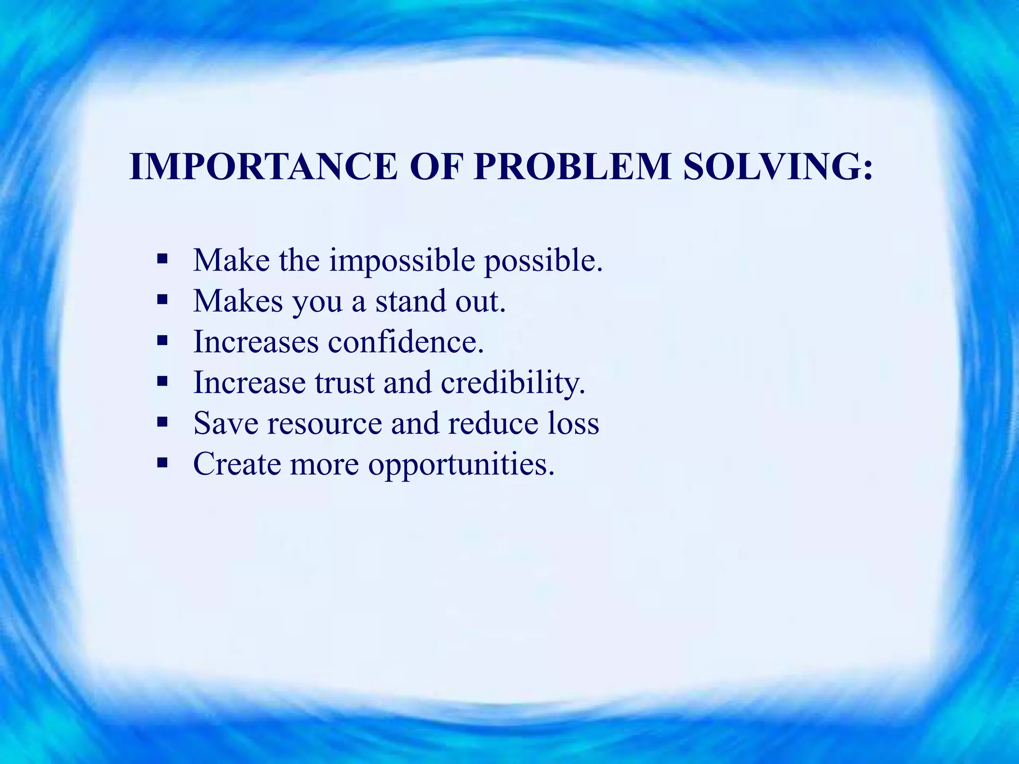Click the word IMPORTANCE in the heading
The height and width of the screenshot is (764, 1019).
pos(263,167)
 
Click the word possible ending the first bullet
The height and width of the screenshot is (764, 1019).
pos(543,261)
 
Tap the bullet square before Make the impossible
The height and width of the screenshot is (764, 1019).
pos(162,259)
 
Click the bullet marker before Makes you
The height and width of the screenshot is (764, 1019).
pos(162,300)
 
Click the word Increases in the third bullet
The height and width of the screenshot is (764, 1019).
pos(256,342)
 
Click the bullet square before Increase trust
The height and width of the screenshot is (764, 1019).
pos(162,382)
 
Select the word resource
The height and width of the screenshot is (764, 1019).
pos(324,424)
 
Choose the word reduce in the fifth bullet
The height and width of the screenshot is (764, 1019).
pos(493,423)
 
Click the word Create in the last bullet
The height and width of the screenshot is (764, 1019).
pos(237,464)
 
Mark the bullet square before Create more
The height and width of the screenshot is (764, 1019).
pos(162,463)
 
